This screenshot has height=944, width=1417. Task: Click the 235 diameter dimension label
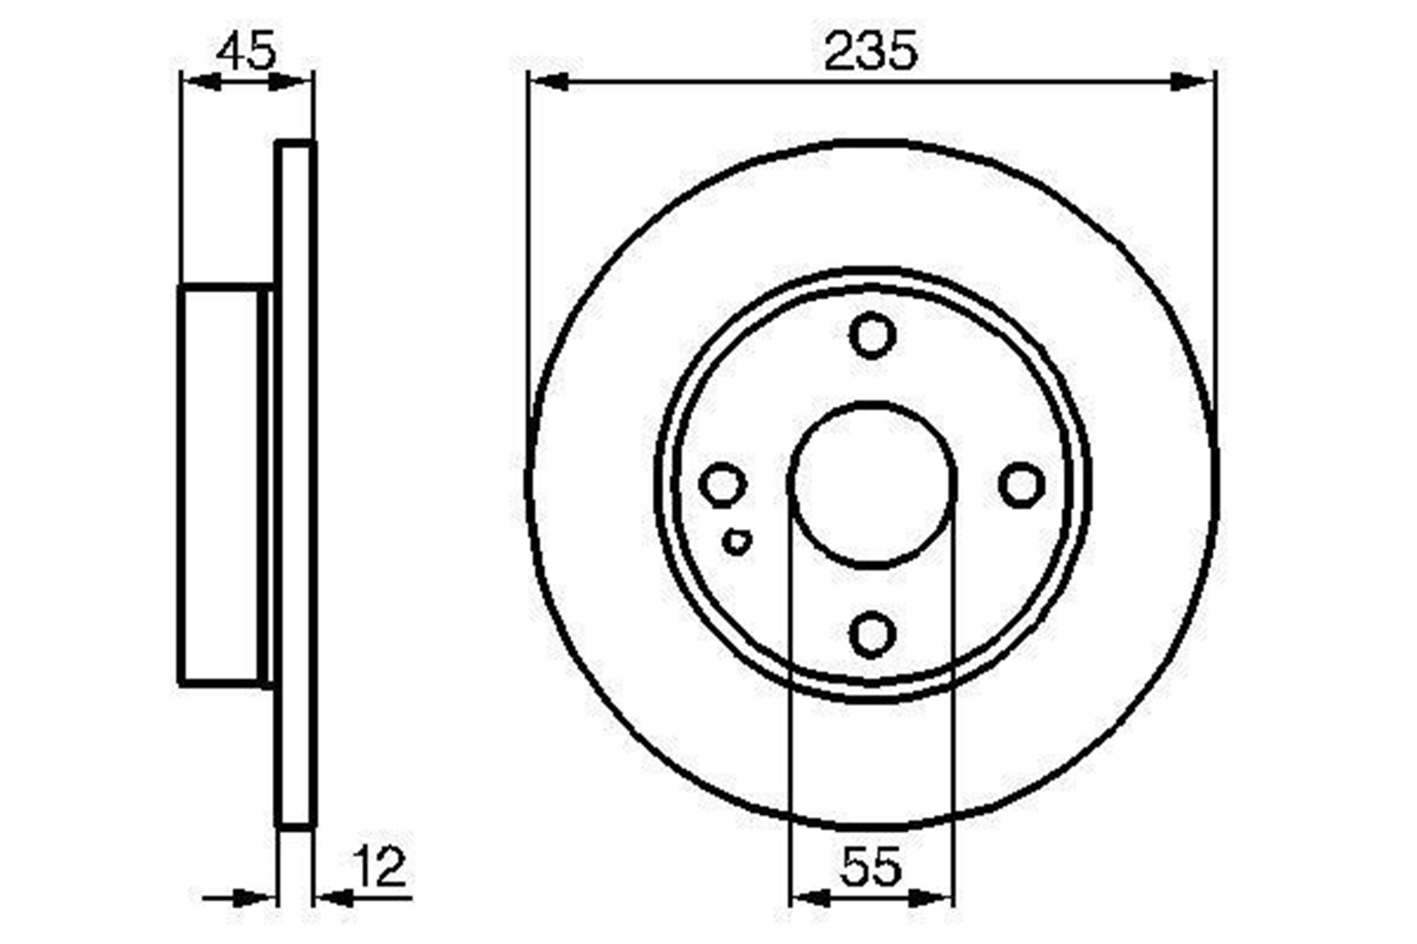pos(871,50)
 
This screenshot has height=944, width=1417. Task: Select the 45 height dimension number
pos(245,51)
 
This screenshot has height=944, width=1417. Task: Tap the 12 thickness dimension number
pos(380,866)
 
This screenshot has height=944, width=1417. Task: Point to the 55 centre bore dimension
pos(872,866)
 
